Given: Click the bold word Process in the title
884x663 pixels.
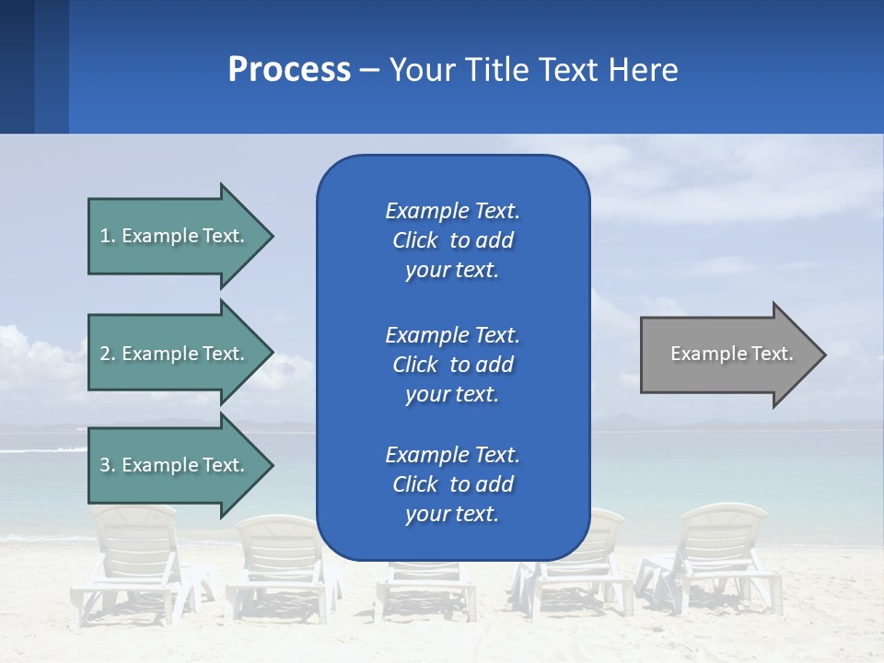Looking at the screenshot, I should (x=289, y=70).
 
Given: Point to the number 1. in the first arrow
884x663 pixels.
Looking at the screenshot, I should (x=108, y=236).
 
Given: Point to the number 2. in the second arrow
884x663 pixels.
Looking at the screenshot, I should (x=108, y=354).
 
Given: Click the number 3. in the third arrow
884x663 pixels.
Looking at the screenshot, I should (x=108, y=465).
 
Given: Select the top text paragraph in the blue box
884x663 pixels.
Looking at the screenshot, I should (x=452, y=240).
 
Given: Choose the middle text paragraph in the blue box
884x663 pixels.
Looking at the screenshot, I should (x=452, y=365).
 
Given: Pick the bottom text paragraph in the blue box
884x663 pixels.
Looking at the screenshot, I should (x=452, y=484).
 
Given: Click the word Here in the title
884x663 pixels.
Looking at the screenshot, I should (x=644, y=70).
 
